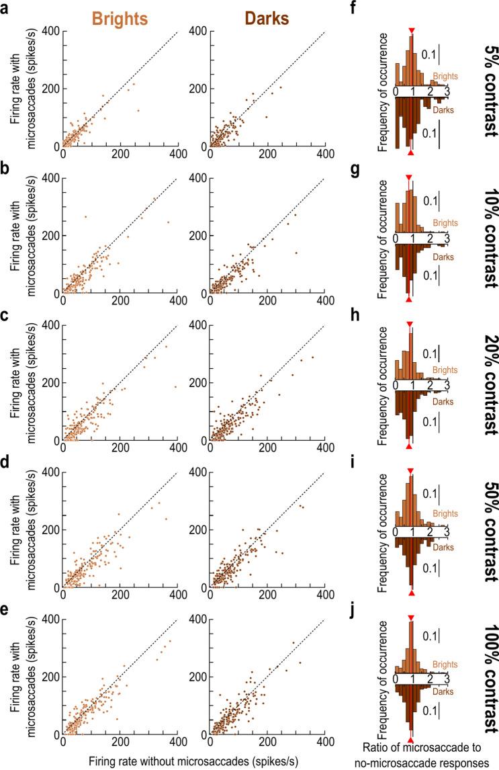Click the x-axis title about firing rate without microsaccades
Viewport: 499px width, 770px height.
point(193,759)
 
